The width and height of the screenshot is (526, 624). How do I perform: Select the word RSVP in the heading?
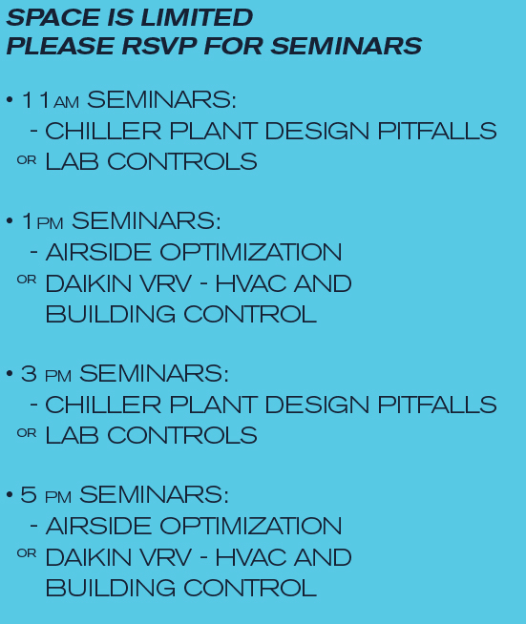(159, 46)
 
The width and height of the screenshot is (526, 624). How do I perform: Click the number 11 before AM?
(36, 100)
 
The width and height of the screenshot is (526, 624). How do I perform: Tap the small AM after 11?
(66, 102)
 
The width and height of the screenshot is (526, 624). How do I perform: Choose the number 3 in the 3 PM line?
(29, 374)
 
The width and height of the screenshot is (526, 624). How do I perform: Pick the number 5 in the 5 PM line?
(29, 494)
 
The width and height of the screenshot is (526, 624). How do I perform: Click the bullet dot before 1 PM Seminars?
(10, 220)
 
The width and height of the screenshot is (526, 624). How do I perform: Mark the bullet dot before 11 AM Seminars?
(10, 99)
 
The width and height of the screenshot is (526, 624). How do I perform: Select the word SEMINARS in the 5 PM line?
(154, 494)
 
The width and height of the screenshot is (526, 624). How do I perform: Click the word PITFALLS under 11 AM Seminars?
(437, 131)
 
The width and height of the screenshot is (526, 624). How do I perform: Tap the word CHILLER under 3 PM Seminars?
(103, 405)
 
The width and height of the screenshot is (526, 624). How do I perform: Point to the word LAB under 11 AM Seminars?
(72, 161)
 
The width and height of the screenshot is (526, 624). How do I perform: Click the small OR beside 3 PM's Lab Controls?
(27, 432)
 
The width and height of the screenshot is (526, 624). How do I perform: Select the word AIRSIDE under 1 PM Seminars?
(98, 252)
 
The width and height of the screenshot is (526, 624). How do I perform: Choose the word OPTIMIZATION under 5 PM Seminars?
(251, 526)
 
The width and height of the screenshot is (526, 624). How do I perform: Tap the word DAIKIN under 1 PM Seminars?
(89, 283)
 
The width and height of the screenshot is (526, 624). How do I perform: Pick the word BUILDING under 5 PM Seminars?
(111, 588)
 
